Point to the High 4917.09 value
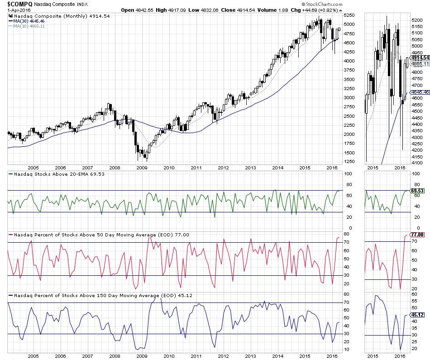tap(166, 10)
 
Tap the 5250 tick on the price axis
tap(349, 15)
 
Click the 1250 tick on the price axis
tap(349, 162)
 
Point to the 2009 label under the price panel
tap(142, 167)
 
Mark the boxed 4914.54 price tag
tap(420, 58)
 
